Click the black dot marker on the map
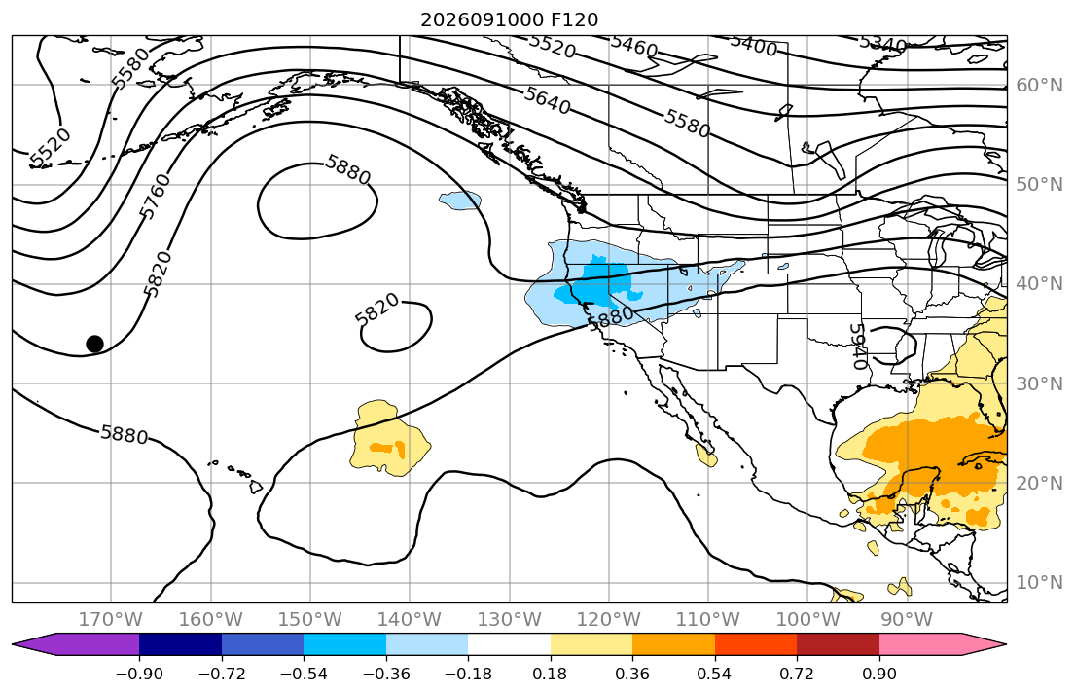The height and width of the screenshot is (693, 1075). click(x=94, y=344)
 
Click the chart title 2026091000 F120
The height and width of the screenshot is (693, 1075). click(x=510, y=19)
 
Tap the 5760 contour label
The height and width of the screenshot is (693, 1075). click(x=155, y=197)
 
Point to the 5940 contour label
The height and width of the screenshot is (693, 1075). click(x=858, y=346)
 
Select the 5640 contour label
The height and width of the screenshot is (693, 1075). click(x=547, y=100)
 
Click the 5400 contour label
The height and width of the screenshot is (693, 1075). click(x=753, y=46)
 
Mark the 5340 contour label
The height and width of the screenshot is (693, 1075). click(x=883, y=45)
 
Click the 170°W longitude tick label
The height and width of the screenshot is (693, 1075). click(x=111, y=620)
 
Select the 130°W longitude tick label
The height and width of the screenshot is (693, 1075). click(x=510, y=620)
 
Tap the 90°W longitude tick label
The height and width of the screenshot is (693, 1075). click(x=907, y=620)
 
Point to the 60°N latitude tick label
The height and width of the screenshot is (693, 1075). click(x=1039, y=85)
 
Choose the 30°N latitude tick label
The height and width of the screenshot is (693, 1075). click(x=1039, y=383)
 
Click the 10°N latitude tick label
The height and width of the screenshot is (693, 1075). click(x=1039, y=583)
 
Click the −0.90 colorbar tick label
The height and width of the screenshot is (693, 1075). click(x=139, y=674)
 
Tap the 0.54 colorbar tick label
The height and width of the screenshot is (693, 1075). click(x=714, y=674)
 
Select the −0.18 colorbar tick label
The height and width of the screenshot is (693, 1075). click(x=468, y=674)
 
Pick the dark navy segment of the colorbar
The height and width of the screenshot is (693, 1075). click(x=180, y=644)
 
